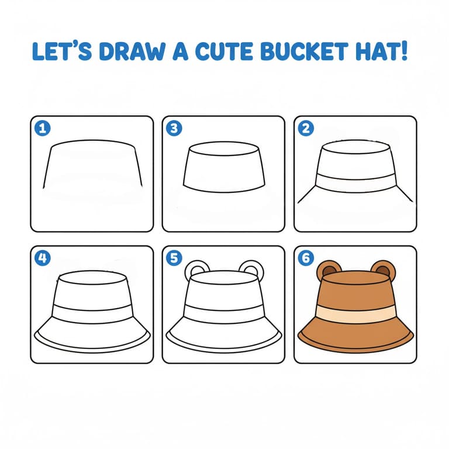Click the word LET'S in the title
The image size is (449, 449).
(x=62, y=51)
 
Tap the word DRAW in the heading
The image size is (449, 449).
(x=132, y=51)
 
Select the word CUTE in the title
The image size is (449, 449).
(x=224, y=51)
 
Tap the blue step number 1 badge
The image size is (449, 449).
(x=42, y=128)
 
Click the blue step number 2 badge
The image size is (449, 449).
(x=306, y=128)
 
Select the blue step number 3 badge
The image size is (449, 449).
(x=174, y=128)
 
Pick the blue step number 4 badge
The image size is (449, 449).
(x=42, y=258)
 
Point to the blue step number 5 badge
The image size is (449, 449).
(x=174, y=258)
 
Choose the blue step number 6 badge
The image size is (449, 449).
(x=306, y=258)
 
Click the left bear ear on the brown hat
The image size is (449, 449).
(x=328, y=269)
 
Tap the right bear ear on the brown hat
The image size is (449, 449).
(x=384, y=269)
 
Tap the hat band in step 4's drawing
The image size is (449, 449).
(x=92, y=314)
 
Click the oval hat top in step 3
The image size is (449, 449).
(x=224, y=148)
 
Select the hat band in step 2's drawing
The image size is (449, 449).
(x=355, y=183)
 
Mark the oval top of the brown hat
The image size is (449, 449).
(x=355, y=278)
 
